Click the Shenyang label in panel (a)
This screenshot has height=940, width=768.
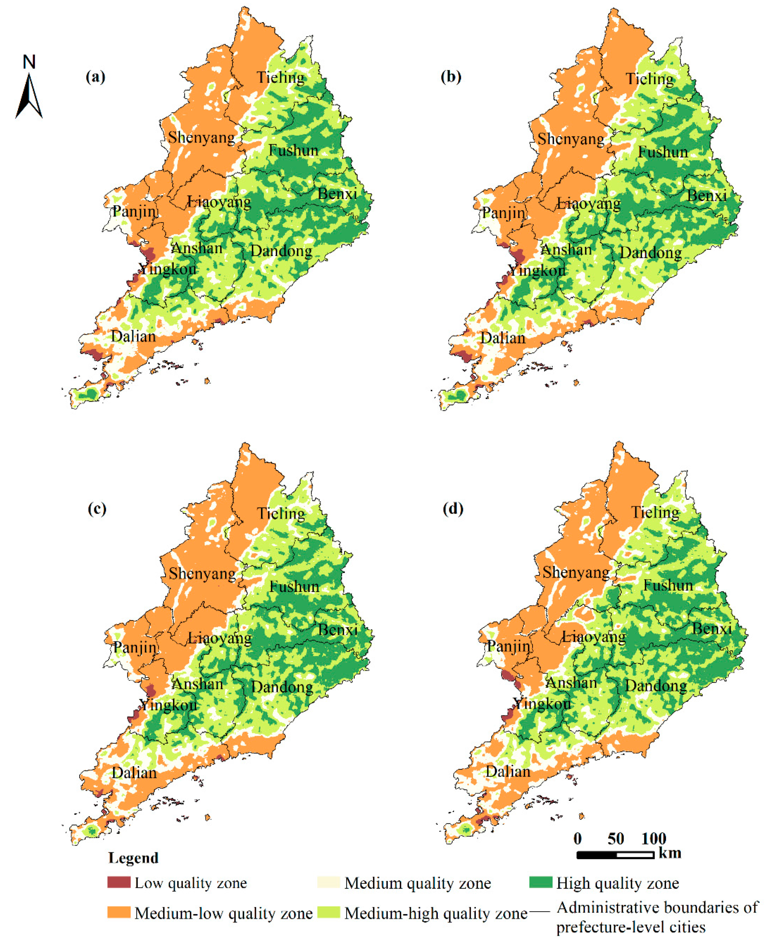point(201,138)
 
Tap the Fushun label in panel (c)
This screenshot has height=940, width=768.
point(294,587)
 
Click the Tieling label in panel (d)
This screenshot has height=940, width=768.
point(655,512)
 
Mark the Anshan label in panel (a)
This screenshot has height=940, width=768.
point(197,248)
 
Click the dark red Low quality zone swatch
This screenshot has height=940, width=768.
point(118,882)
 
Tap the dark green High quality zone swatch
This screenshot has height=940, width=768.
point(541,882)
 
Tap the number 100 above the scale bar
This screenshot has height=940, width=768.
point(654,839)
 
